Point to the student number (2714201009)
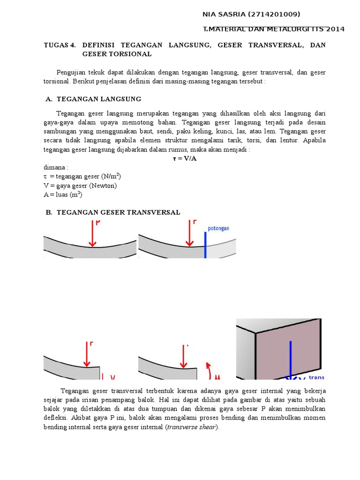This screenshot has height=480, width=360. (x=271, y=15)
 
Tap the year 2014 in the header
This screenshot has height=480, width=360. (x=335, y=29)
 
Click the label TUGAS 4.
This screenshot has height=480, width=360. (x=60, y=45)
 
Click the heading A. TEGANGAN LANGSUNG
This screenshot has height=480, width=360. (x=93, y=99)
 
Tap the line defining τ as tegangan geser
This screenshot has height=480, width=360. (x=82, y=176)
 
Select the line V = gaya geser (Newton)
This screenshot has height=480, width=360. (x=80, y=186)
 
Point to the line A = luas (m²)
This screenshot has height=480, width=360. (x=63, y=195)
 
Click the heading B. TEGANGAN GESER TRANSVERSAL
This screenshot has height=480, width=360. (x=113, y=212)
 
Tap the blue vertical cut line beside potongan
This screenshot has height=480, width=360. (x=205, y=245)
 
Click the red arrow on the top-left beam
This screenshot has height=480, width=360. (x=92, y=234)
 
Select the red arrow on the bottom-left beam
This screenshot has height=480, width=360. (x=86, y=354)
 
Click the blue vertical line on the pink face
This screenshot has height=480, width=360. (x=291, y=359)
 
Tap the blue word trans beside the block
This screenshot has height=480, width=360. (x=316, y=377)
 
